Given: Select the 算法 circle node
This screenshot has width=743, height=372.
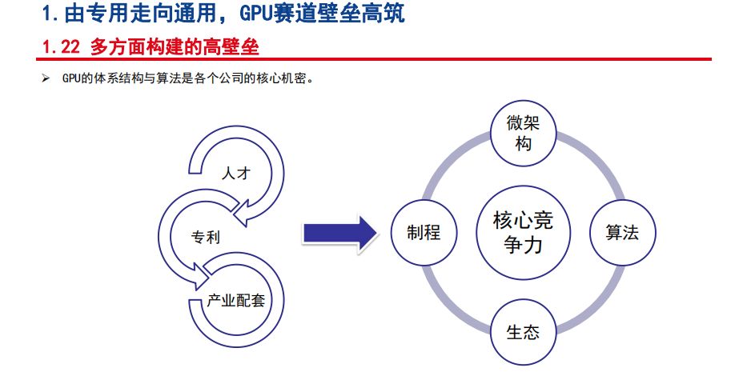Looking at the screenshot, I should [621, 233].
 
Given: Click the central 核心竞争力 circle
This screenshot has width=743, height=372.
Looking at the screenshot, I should [523, 233].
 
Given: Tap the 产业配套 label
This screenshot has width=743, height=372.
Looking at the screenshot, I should [235, 301].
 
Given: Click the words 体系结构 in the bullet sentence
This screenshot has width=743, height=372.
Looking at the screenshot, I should [118, 78].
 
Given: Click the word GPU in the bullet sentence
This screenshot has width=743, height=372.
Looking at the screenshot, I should [69, 78].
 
